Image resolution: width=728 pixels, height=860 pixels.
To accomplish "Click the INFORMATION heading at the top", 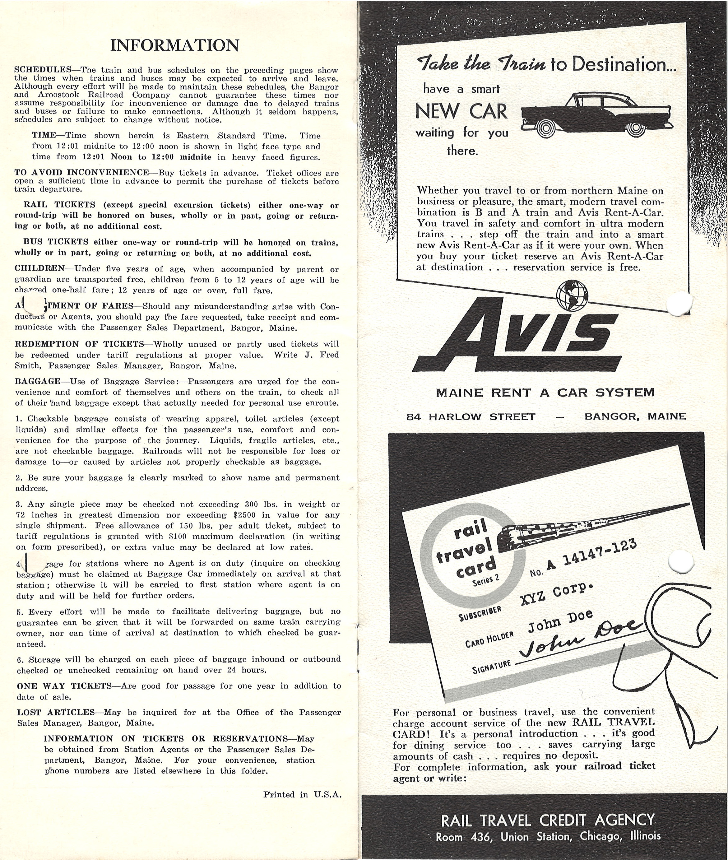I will (175, 45).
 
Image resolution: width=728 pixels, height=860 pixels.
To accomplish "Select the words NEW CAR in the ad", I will (461, 111).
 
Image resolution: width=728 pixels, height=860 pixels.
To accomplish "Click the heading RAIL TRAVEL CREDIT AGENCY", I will (548, 820).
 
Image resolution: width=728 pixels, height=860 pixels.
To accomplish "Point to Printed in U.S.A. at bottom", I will (302, 794).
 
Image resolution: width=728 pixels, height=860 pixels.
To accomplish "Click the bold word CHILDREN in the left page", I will (39, 269).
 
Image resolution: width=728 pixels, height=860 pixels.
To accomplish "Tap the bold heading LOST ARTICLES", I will (56, 712).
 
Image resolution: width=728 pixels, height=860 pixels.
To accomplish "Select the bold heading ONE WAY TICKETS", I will (64, 686).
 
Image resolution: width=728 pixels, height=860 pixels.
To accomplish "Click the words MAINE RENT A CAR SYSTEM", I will (545, 393).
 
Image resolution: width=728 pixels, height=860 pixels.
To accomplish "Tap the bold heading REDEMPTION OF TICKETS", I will (79, 344).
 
